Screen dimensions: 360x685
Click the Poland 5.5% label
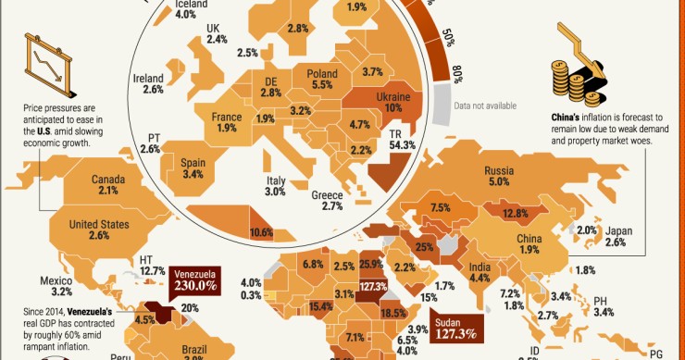click(x=321, y=78)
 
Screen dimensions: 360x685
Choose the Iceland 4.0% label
click(x=184, y=8)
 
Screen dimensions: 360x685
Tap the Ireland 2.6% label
click(x=148, y=84)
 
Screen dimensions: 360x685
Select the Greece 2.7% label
click(x=328, y=201)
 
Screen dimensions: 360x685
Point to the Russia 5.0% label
click(x=526, y=176)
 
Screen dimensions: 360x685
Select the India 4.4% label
click(x=480, y=270)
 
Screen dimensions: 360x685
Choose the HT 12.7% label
click(x=152, y=265)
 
